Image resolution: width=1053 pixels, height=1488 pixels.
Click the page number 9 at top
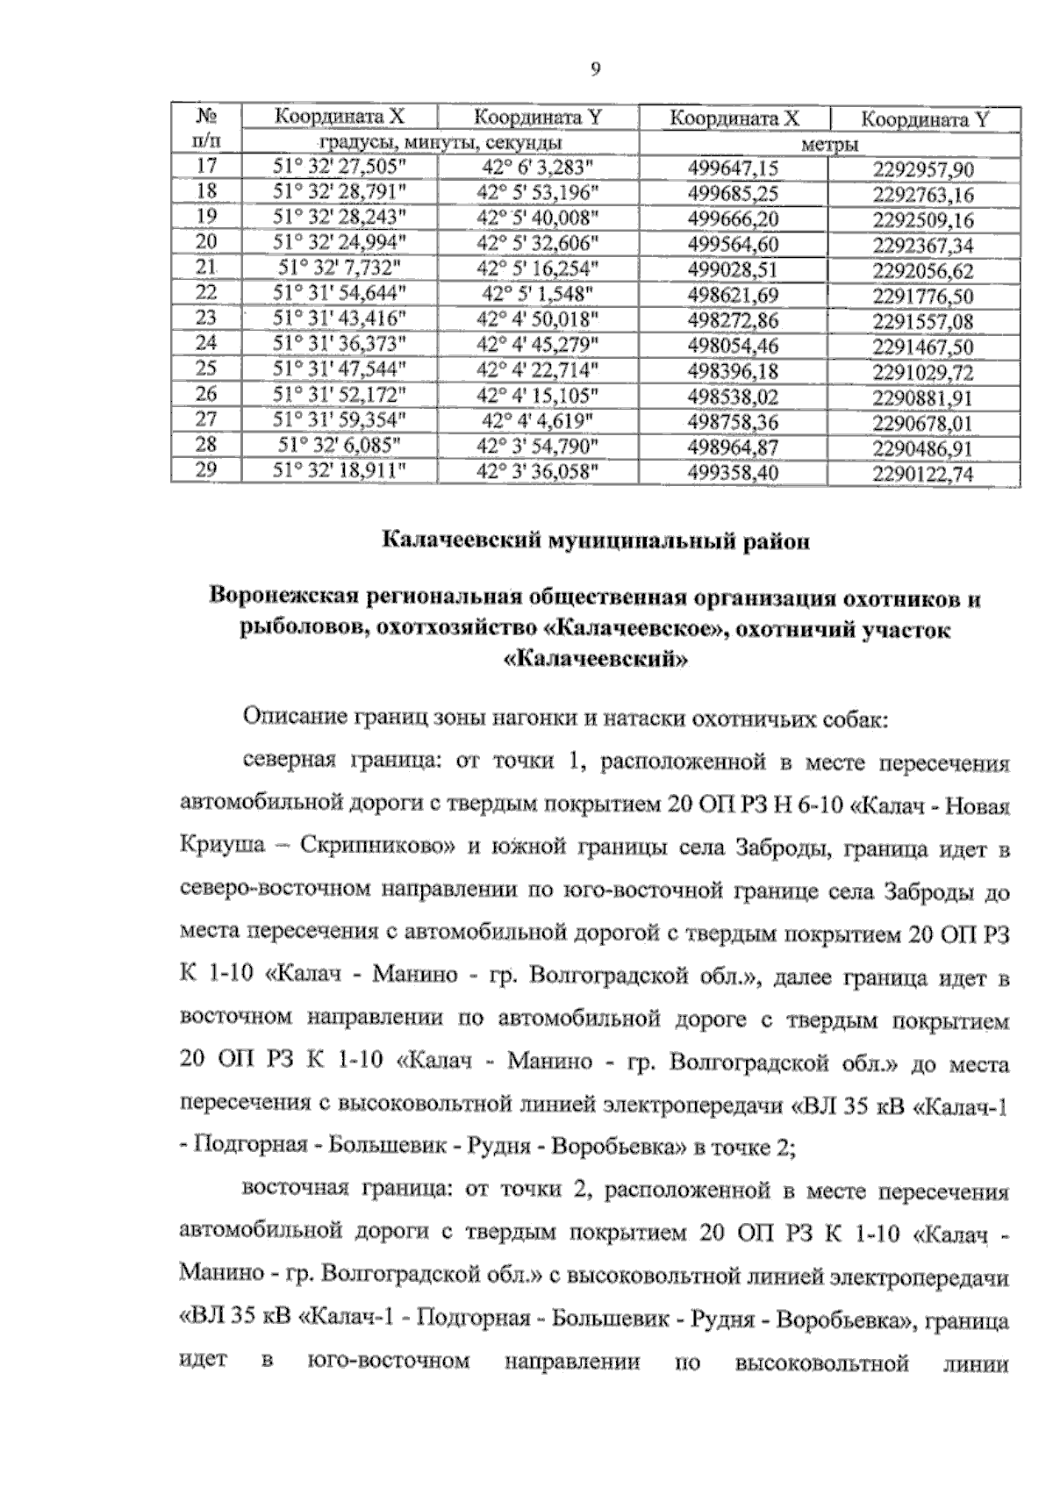(x=596, y=69)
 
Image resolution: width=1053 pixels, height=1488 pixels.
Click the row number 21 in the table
(x=205, y=268)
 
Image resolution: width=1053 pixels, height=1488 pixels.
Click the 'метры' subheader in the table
(x=829, y=144)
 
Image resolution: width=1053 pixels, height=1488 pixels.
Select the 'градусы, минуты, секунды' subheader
(x=440, y=142)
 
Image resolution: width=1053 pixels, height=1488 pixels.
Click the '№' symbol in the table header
(x=205, y=117)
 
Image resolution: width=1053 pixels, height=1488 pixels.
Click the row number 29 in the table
(x=205, y=469)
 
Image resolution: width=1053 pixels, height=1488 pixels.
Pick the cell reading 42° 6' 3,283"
(x=538, y=167)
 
